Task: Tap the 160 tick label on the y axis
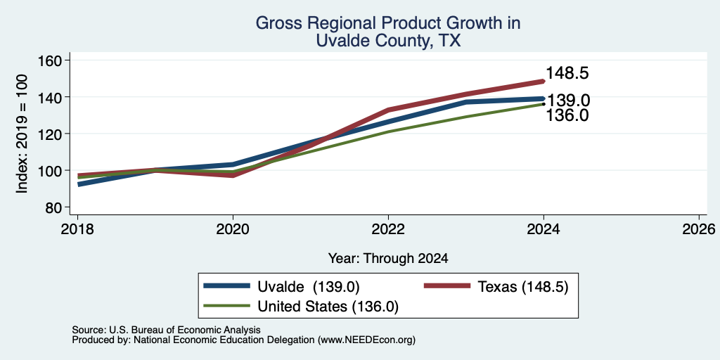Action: [49, 60]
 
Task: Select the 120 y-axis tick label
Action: [49, 134]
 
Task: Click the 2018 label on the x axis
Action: [77, 229]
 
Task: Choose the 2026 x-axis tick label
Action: [700, 229]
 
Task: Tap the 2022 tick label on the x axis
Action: [388, 229]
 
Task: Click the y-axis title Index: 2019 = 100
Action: [22, 134]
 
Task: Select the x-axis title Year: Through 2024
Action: [388, 259]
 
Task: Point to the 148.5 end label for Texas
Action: [567, 73]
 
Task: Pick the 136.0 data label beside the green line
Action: [567, 115]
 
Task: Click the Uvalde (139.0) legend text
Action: [307, 287]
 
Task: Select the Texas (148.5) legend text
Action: [523, 287]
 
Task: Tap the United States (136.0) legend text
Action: [328, 307]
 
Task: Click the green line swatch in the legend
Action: [227, 306]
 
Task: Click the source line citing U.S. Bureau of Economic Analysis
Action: [166, 330]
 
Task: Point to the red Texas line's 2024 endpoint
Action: [544, 82]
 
